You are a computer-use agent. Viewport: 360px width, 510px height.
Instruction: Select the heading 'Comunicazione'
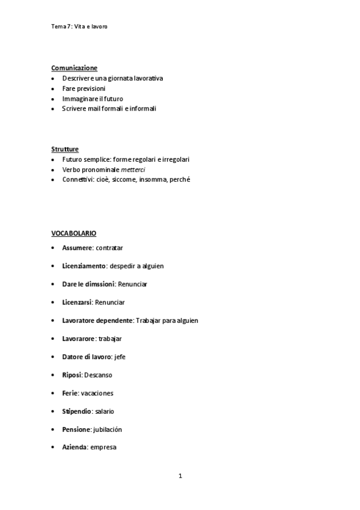[x=74, y=68]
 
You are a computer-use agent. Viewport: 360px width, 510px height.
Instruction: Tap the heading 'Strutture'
[x=65, y=149]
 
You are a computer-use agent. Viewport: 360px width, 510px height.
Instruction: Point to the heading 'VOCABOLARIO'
[x=73, y=233]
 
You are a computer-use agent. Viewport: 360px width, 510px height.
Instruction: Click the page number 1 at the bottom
[x=180, y=476]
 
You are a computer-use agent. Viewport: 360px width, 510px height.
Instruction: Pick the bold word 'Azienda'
[x=75, y=447]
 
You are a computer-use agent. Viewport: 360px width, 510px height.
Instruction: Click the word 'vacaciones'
[x=97, y=393]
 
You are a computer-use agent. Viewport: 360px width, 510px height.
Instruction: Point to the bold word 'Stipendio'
[x=77, y=411]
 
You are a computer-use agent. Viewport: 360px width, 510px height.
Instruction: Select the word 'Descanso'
[x=98, y=375]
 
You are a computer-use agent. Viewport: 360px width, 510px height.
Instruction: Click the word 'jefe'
[x=120, y=357]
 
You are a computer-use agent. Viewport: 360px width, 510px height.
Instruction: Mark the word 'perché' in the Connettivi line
[x=180, y=179]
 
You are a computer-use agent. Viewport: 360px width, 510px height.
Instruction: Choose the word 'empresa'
[x=103, y=447]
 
